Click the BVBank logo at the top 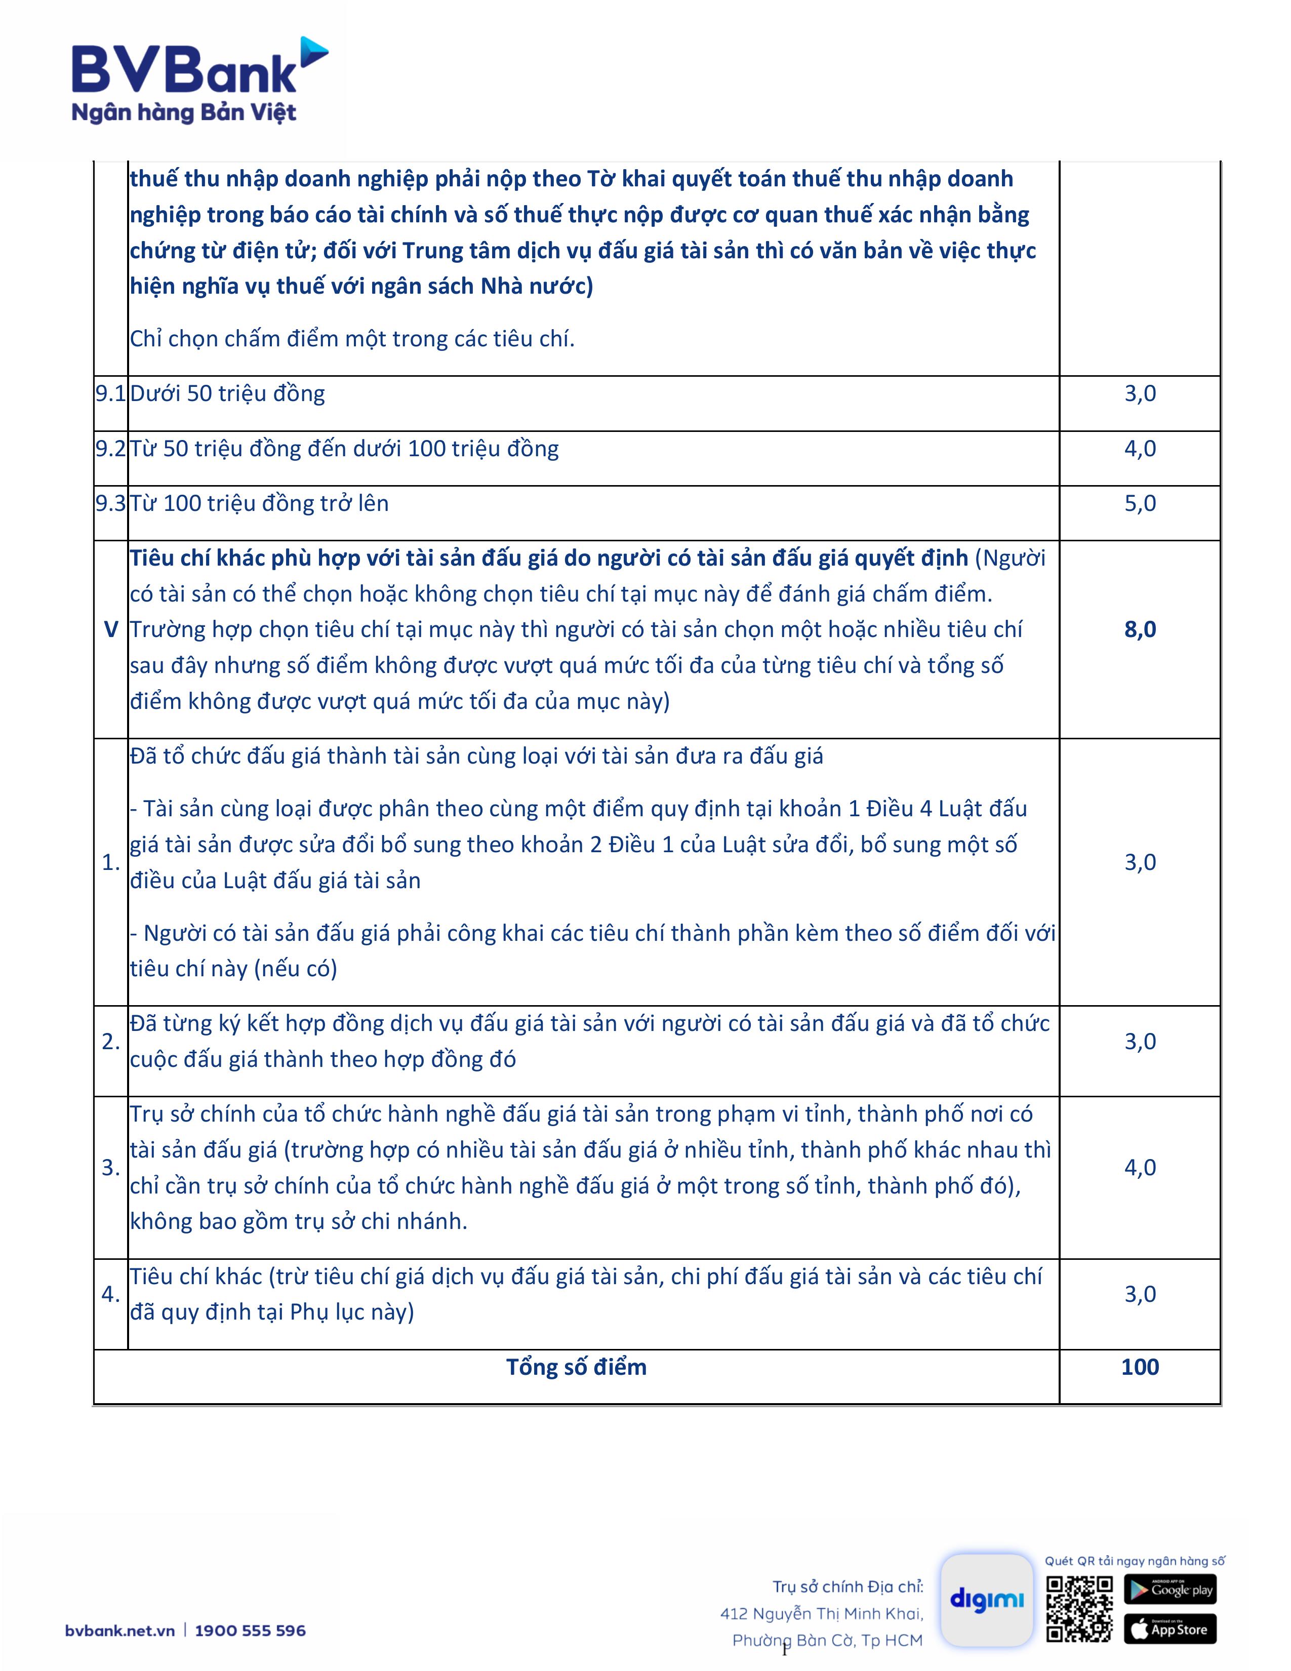click(x=199, y=81)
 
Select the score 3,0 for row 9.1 click(x=1140, y=393)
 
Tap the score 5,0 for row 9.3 click(x=1140, y=503)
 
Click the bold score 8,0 click(x=1140, y=630)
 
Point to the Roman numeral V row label click(x=111, y=630)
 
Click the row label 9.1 click(x=111, y=393)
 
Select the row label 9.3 click(x=111, y=503)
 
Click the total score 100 click(x=1140, y=1367)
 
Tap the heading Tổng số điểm click(x=576, y=1367)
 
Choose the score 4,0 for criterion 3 click(x=1140, y=1168)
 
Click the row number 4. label click(x=111, y=1294)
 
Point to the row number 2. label click(x=111, y=1041)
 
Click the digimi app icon click(x=987, y=1599)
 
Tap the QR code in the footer click(x=1079, y=1608)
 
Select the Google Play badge click(x=1169, y=1589)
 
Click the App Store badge click(x=1169, y=1629)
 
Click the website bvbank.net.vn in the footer click(x=120, y=1630)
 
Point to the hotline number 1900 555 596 click(x=250, y=1630)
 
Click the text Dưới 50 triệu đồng click(x=227, y=393)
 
